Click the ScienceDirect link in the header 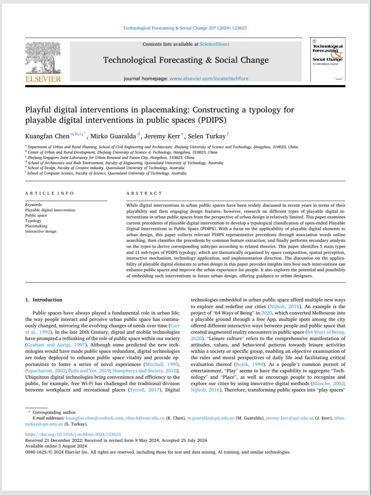click(214, 44)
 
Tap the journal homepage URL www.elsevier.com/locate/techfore click(209, 79)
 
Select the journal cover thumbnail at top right click(328, 59)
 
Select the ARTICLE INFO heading click(49, 193)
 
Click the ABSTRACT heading click(144, 193)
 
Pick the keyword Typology click(33, 221)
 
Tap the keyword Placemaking click(36, 226)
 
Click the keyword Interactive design click(41, 231)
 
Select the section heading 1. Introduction click(44, 300)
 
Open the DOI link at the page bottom click(73, 434)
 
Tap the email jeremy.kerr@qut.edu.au click(289, 418)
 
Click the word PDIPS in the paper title click(210, 120)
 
